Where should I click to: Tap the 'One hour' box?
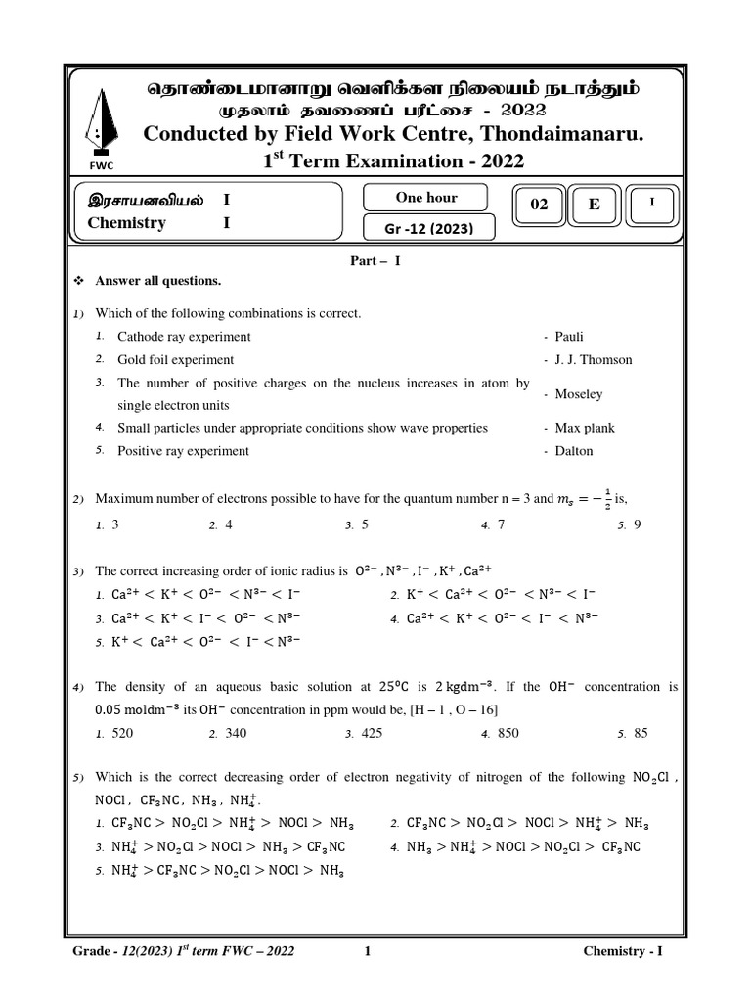[x=426, y=198]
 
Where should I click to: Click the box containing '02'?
[x=539, y=205]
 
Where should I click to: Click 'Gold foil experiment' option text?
[x=175, y=359]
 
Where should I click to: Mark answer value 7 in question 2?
[x=501, y=524]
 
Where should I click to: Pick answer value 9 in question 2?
[x=637, y=524]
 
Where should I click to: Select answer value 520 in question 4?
[x=122, y=732]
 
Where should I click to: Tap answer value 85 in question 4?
[x=641, y=732]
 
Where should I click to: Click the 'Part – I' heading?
[x=376, y=261]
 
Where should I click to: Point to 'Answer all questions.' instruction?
[x=157, y=281]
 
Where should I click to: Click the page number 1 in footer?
[x=366, y=950]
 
